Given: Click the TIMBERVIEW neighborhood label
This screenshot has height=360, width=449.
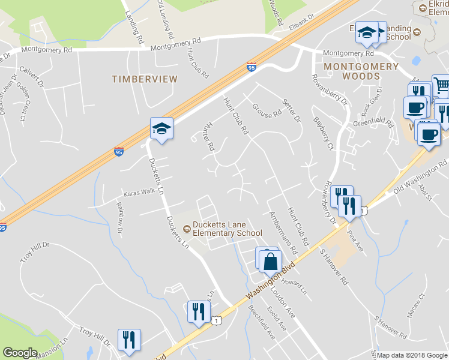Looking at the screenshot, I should (x=145, y=79).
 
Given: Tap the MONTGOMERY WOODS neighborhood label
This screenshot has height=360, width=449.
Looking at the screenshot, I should (x=361, y=71).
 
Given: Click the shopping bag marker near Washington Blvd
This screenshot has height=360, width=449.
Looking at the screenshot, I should (x=271, y=260).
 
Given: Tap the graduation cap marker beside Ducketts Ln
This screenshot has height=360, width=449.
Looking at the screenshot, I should (x=161, y=129).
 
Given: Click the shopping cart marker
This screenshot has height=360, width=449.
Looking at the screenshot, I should (x=441, y=86).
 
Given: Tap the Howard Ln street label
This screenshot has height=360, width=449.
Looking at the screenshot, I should (x=294, y=286).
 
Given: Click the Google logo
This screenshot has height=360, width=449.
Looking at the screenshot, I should (x=20, y=353).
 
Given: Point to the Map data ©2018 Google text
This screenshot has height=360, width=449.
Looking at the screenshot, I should (x=412, y=355).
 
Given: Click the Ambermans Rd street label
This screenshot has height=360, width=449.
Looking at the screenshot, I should (x=283, y=232).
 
